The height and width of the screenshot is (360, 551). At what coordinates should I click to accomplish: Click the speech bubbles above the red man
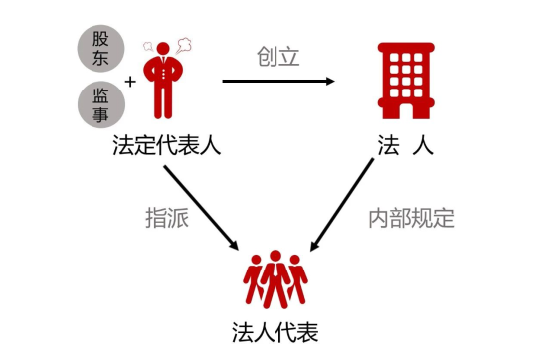pos(170,44)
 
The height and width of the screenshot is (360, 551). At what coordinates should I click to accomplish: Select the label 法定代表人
pos(166,147)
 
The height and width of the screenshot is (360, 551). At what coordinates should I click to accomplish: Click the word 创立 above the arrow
pos(277,56)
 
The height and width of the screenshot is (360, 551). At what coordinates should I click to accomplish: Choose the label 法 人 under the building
pos(406,147)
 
